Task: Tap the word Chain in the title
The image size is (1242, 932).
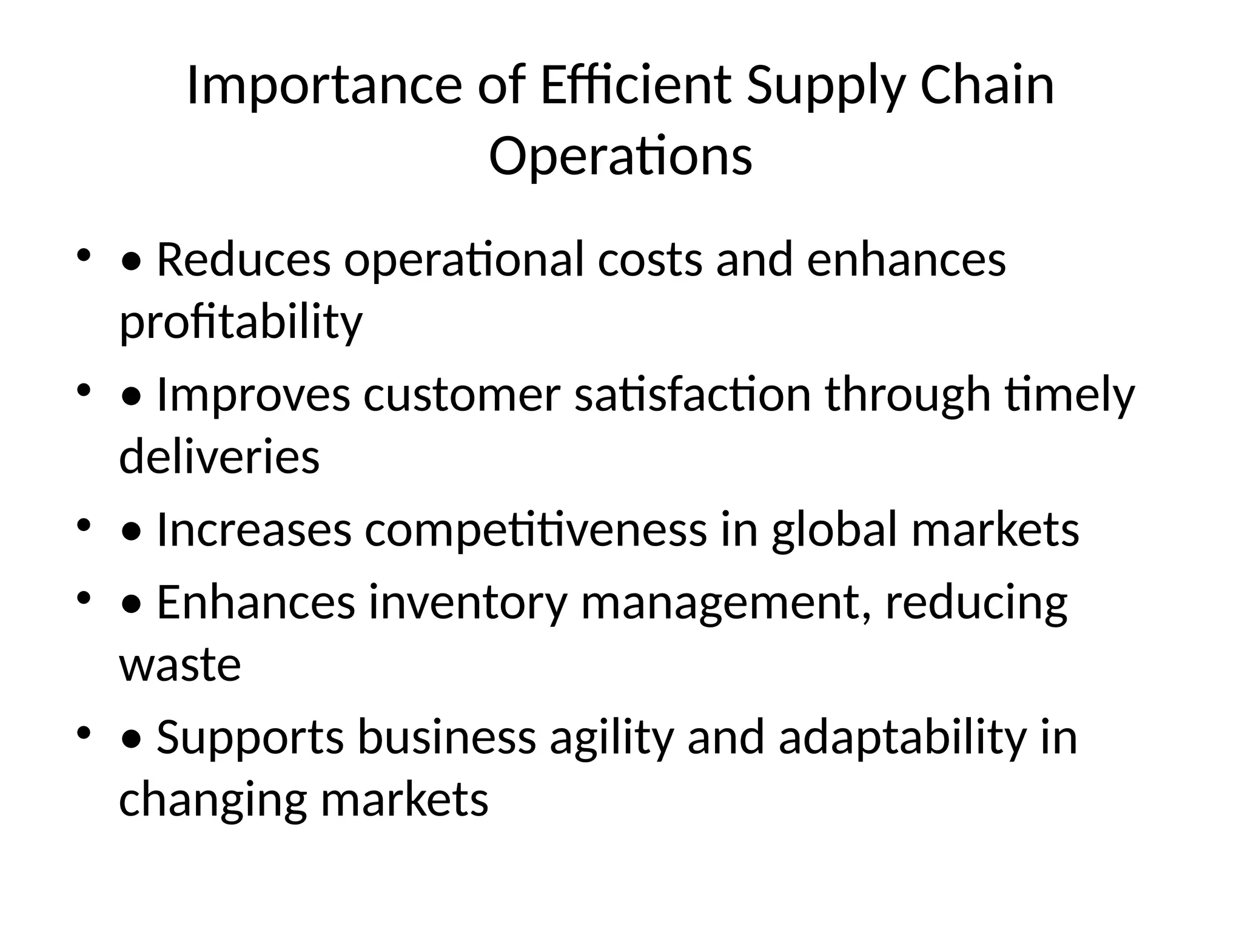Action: [x=987, y=86]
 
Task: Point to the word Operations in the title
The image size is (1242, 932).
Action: [x=620, y=157]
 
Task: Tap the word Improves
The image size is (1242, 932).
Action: [x=253, y=395]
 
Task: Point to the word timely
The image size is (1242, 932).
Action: [x=1070, y=395]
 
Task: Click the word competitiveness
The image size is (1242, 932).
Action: [x=535, y=530]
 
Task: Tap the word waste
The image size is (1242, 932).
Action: [x=180, y=664]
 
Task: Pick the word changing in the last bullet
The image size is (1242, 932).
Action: [x=213, y=800]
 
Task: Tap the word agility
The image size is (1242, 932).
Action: [x=611, y=737]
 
